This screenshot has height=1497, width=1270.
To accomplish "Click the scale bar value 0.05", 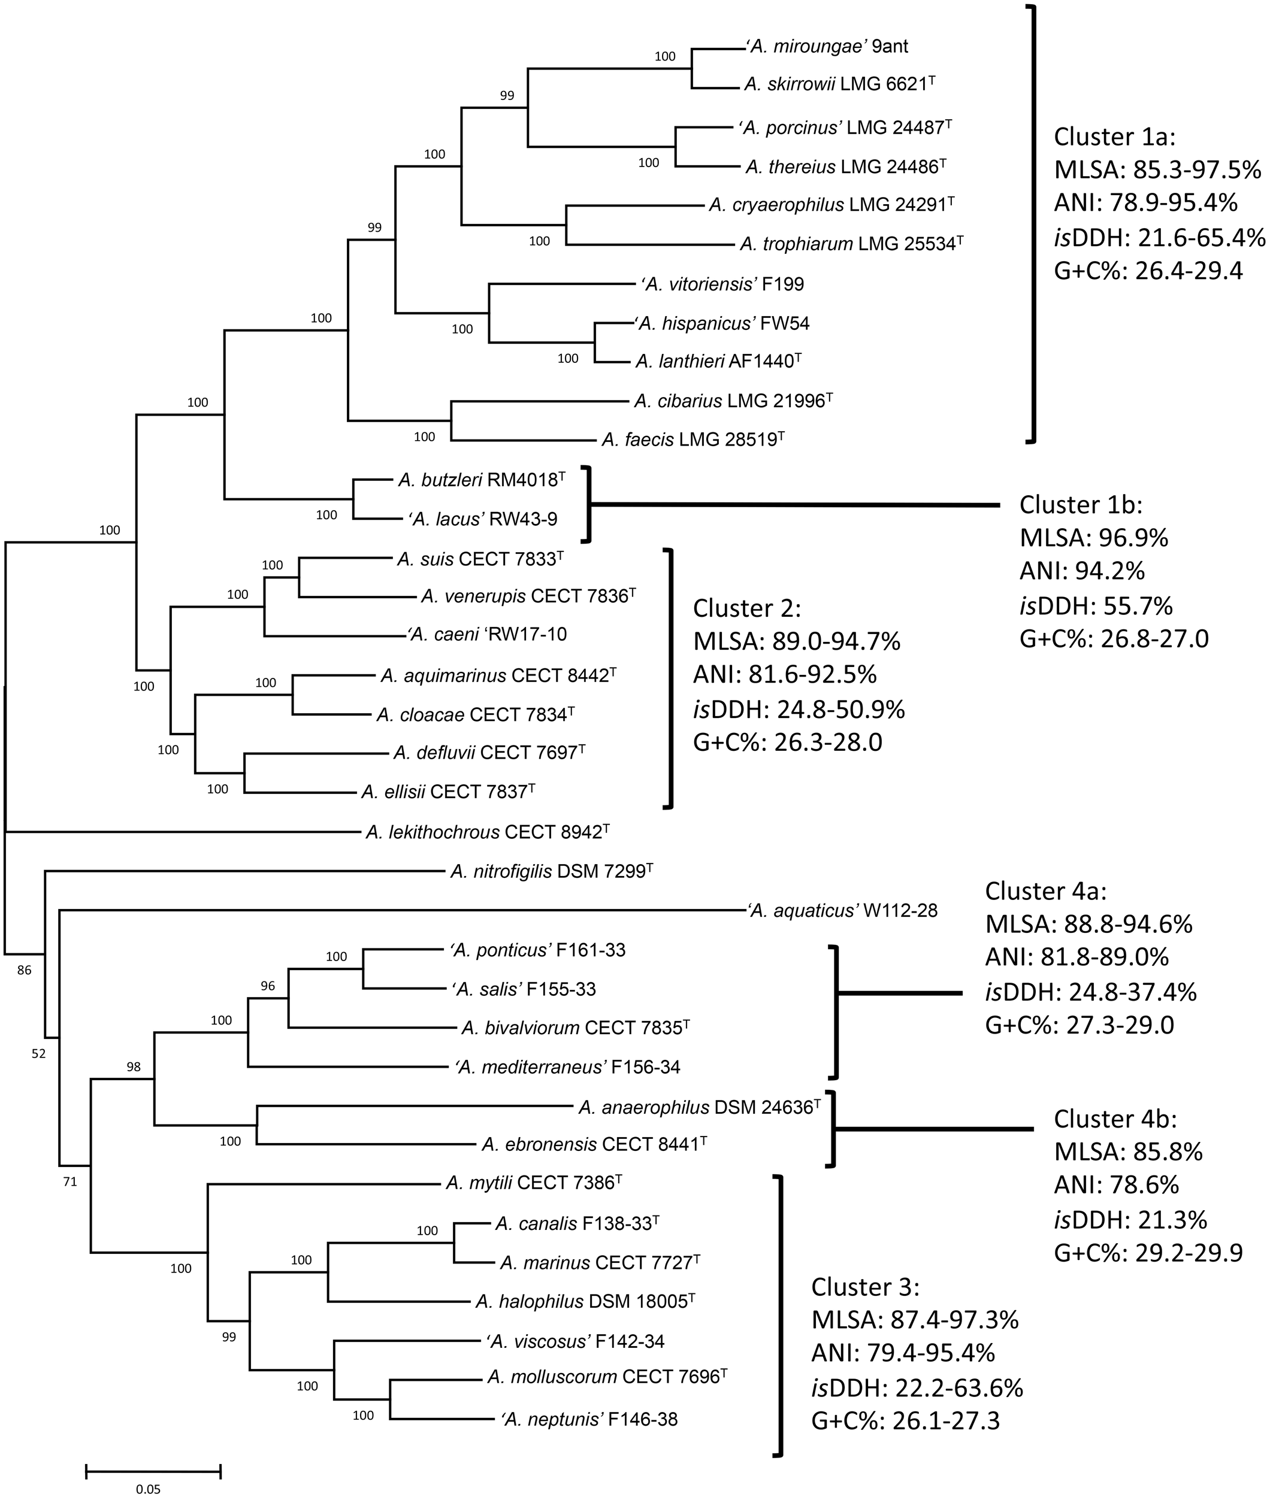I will pos(149,1484).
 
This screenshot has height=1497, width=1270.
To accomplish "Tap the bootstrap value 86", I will pos(25,970).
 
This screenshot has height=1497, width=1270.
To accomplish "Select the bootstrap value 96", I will pos(268,986).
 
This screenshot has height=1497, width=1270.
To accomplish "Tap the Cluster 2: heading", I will pos(746,608).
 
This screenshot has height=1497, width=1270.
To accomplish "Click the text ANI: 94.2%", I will pos(1082,571).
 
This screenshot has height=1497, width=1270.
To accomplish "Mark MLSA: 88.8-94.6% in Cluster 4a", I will pos(1088,924).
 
